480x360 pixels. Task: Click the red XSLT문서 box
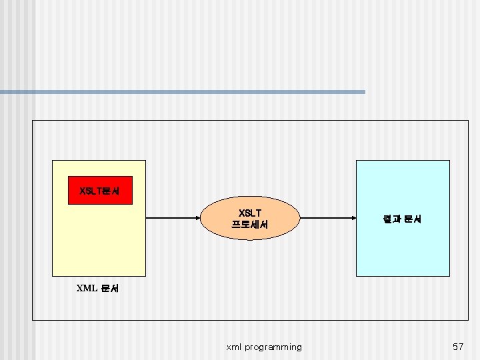pos(101,190)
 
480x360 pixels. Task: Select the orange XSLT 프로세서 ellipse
pos(250,218)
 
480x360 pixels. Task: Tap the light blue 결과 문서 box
pos(403,218)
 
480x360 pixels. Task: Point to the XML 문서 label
pos(97,289)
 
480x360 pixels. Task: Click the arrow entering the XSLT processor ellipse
pos(173,218)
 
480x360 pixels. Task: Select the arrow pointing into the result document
pos(327,218)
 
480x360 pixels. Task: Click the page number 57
pos(458,347)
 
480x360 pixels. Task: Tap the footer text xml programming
pos(264,347)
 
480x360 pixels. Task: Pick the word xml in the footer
pos(234,347)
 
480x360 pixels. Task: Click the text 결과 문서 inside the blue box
pos(402,219)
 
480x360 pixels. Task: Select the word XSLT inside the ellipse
pos(250,213)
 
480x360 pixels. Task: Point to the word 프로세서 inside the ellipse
pos(250,225)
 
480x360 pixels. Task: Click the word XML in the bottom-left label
pos(87,289)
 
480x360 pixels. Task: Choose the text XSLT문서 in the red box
pos(100,191)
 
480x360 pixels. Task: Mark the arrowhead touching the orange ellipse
pos(199,218)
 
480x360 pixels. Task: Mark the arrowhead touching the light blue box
pos(353,218)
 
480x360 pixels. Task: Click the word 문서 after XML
pos(110,289)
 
